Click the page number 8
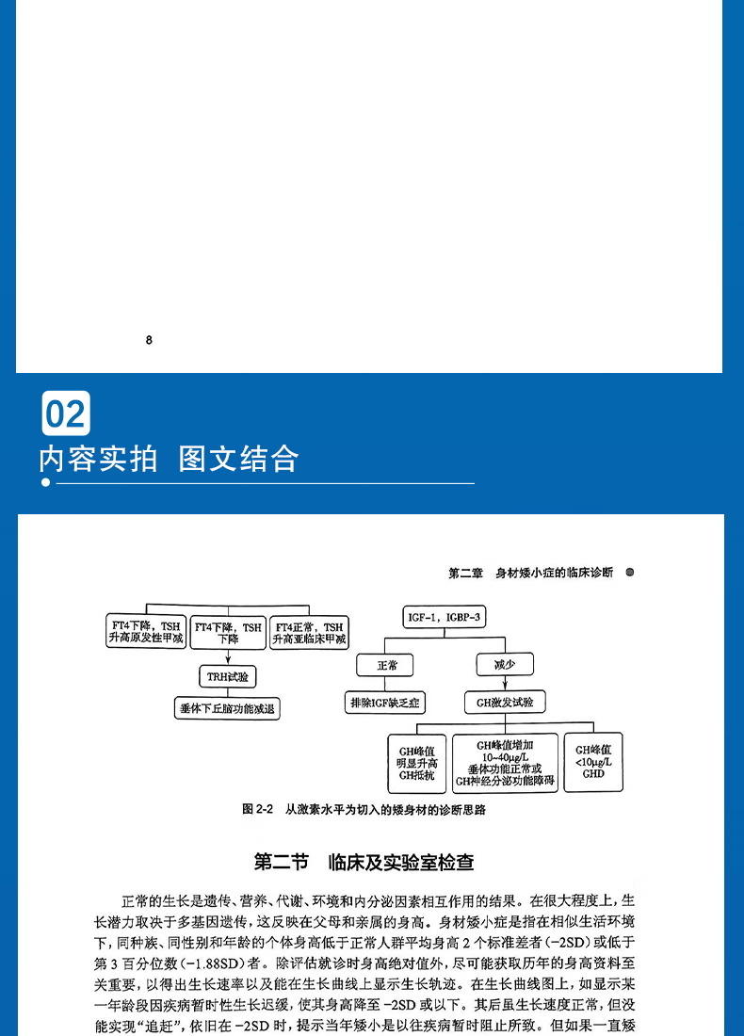click(x=149, y=341)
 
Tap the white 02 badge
click(x=66, y=413)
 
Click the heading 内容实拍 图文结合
click(x=169, y=459)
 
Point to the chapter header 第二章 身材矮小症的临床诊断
click(x=530, y=572)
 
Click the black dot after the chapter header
click(x=629, y=572)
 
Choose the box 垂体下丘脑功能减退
click(x=229, y=708)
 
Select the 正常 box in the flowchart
click(x=387, y=665)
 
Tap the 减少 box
click(x=505, y=665)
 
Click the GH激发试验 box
click(x=505, y=702)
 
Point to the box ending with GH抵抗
click(x=416, y=763)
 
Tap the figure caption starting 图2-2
click(x=368, y=809)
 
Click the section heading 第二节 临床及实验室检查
click(x=364, y=862)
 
